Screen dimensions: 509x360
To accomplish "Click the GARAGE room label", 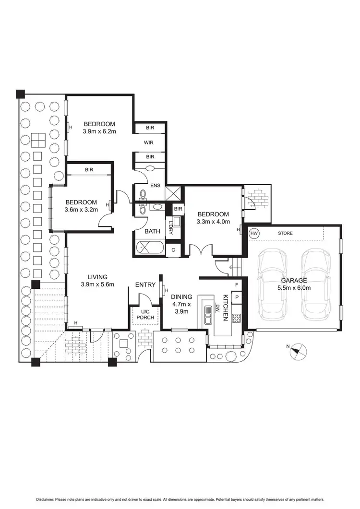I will click(x=293, y=281).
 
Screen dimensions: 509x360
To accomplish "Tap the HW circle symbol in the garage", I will click(x=254, y=233).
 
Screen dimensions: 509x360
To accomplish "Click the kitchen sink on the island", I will click(x=209, y=315).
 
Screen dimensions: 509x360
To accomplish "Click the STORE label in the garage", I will click(x=285, y=233).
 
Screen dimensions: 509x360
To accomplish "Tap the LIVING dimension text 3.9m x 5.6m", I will click(x=97, y=284).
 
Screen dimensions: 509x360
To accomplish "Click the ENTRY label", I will click(x=145, y=284).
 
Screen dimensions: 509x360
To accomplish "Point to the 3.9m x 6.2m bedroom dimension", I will click(x=100, y=131).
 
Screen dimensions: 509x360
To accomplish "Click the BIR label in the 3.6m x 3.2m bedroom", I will click(x=89, y=169).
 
